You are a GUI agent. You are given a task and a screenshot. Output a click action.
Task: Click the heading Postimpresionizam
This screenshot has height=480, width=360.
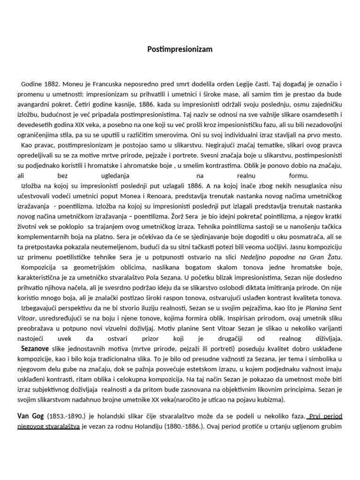pyautogui.click(x=180, y=49)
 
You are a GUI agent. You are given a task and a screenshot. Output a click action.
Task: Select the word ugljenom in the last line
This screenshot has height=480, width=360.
pyautogui.click(x=314, y=426)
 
